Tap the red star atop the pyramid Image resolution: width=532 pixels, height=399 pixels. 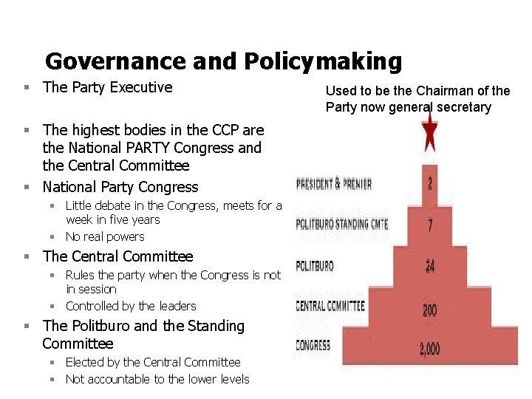coord(429,134)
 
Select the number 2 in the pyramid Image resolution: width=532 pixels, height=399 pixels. coord(429,182)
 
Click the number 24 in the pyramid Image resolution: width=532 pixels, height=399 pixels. coord(429,265)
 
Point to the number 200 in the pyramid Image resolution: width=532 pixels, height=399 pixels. coord(429,310)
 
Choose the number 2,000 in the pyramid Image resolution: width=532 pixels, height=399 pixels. coord(429,349)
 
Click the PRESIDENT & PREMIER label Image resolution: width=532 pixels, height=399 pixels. coord(334,183)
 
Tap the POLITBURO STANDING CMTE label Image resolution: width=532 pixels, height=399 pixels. coord(342,225)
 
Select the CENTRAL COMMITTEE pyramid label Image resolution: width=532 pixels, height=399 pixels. coord(330,305)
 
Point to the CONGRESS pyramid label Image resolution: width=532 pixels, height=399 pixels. coord(313,345)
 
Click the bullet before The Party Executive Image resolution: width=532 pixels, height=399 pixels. coord(27,88)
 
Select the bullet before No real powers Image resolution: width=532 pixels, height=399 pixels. coord(54,237)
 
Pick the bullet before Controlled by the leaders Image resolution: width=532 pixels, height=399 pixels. coord(54,307)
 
